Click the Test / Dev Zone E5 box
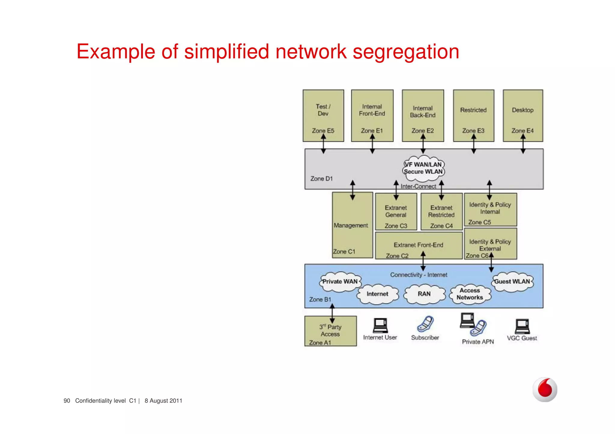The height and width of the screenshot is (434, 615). (323, 115)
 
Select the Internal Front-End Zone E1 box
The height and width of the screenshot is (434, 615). (372, 115)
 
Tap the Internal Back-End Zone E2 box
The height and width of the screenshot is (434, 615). (423, 115)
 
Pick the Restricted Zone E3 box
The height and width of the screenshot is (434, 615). (473, 115)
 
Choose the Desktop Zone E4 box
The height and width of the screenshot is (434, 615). (523, 115)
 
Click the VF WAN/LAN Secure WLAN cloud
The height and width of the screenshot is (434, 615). (423, 168)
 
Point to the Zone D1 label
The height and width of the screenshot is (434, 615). (321, 179)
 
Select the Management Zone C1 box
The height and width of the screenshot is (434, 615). (352, 228)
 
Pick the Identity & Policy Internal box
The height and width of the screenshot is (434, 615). (490, 210)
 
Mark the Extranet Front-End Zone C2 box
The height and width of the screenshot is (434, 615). (419, 246)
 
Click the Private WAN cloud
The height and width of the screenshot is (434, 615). (340, 282)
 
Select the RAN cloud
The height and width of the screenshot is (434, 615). (424, 294)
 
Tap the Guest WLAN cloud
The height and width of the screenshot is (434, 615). (512, 282)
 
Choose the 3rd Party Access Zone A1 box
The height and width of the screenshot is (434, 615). (330, 331)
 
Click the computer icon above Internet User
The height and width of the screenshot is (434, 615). (380, 326)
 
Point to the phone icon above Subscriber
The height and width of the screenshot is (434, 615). (425, 324)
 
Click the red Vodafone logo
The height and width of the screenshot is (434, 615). (545, 390)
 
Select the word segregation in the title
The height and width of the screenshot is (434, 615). (406, 52)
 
